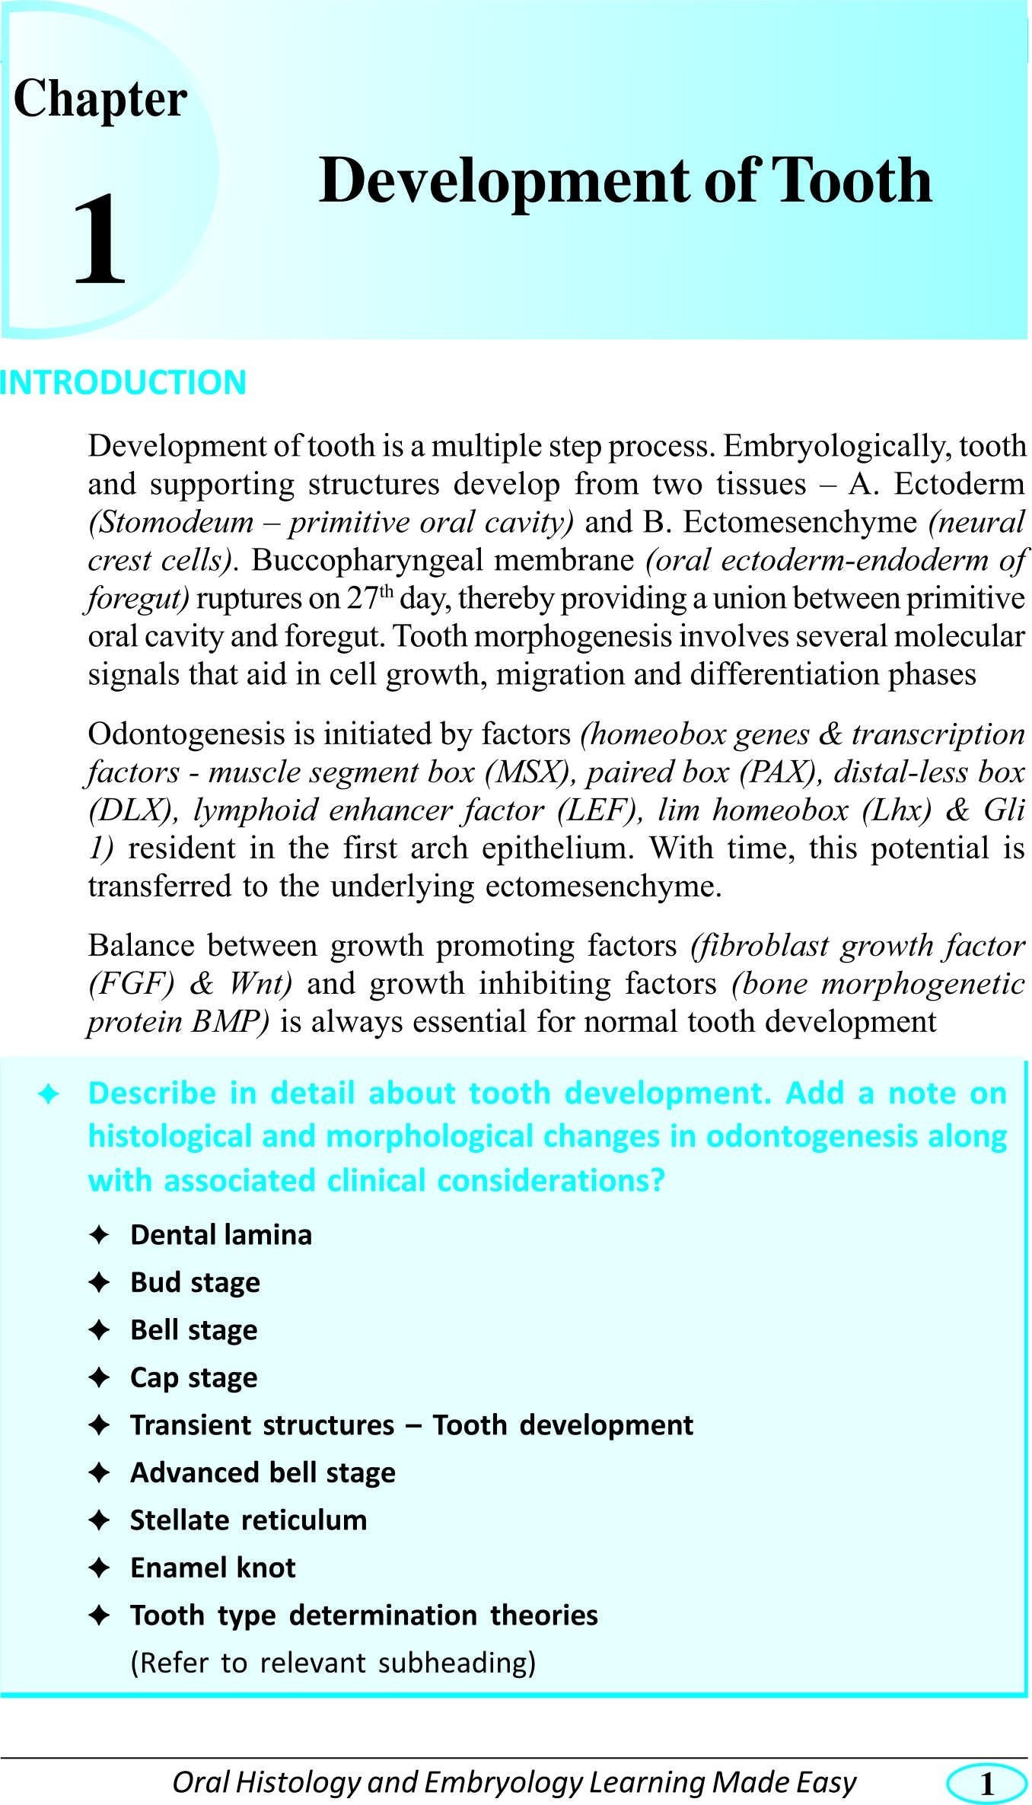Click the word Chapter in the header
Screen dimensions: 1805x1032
(100, 100)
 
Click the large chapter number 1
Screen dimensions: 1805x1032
(99, 240)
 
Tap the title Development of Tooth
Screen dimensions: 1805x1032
(625, 181)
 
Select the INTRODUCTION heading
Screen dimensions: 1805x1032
(123, 383)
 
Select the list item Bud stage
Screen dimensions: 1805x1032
(195, 1283)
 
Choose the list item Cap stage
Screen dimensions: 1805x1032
(193, 1378)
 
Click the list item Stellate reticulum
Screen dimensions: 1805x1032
(248, 1520)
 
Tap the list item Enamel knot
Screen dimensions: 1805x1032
(212, 1568)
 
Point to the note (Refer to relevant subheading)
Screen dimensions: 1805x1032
(333, 1663)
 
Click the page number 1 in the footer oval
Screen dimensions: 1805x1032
(987, 1783)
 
